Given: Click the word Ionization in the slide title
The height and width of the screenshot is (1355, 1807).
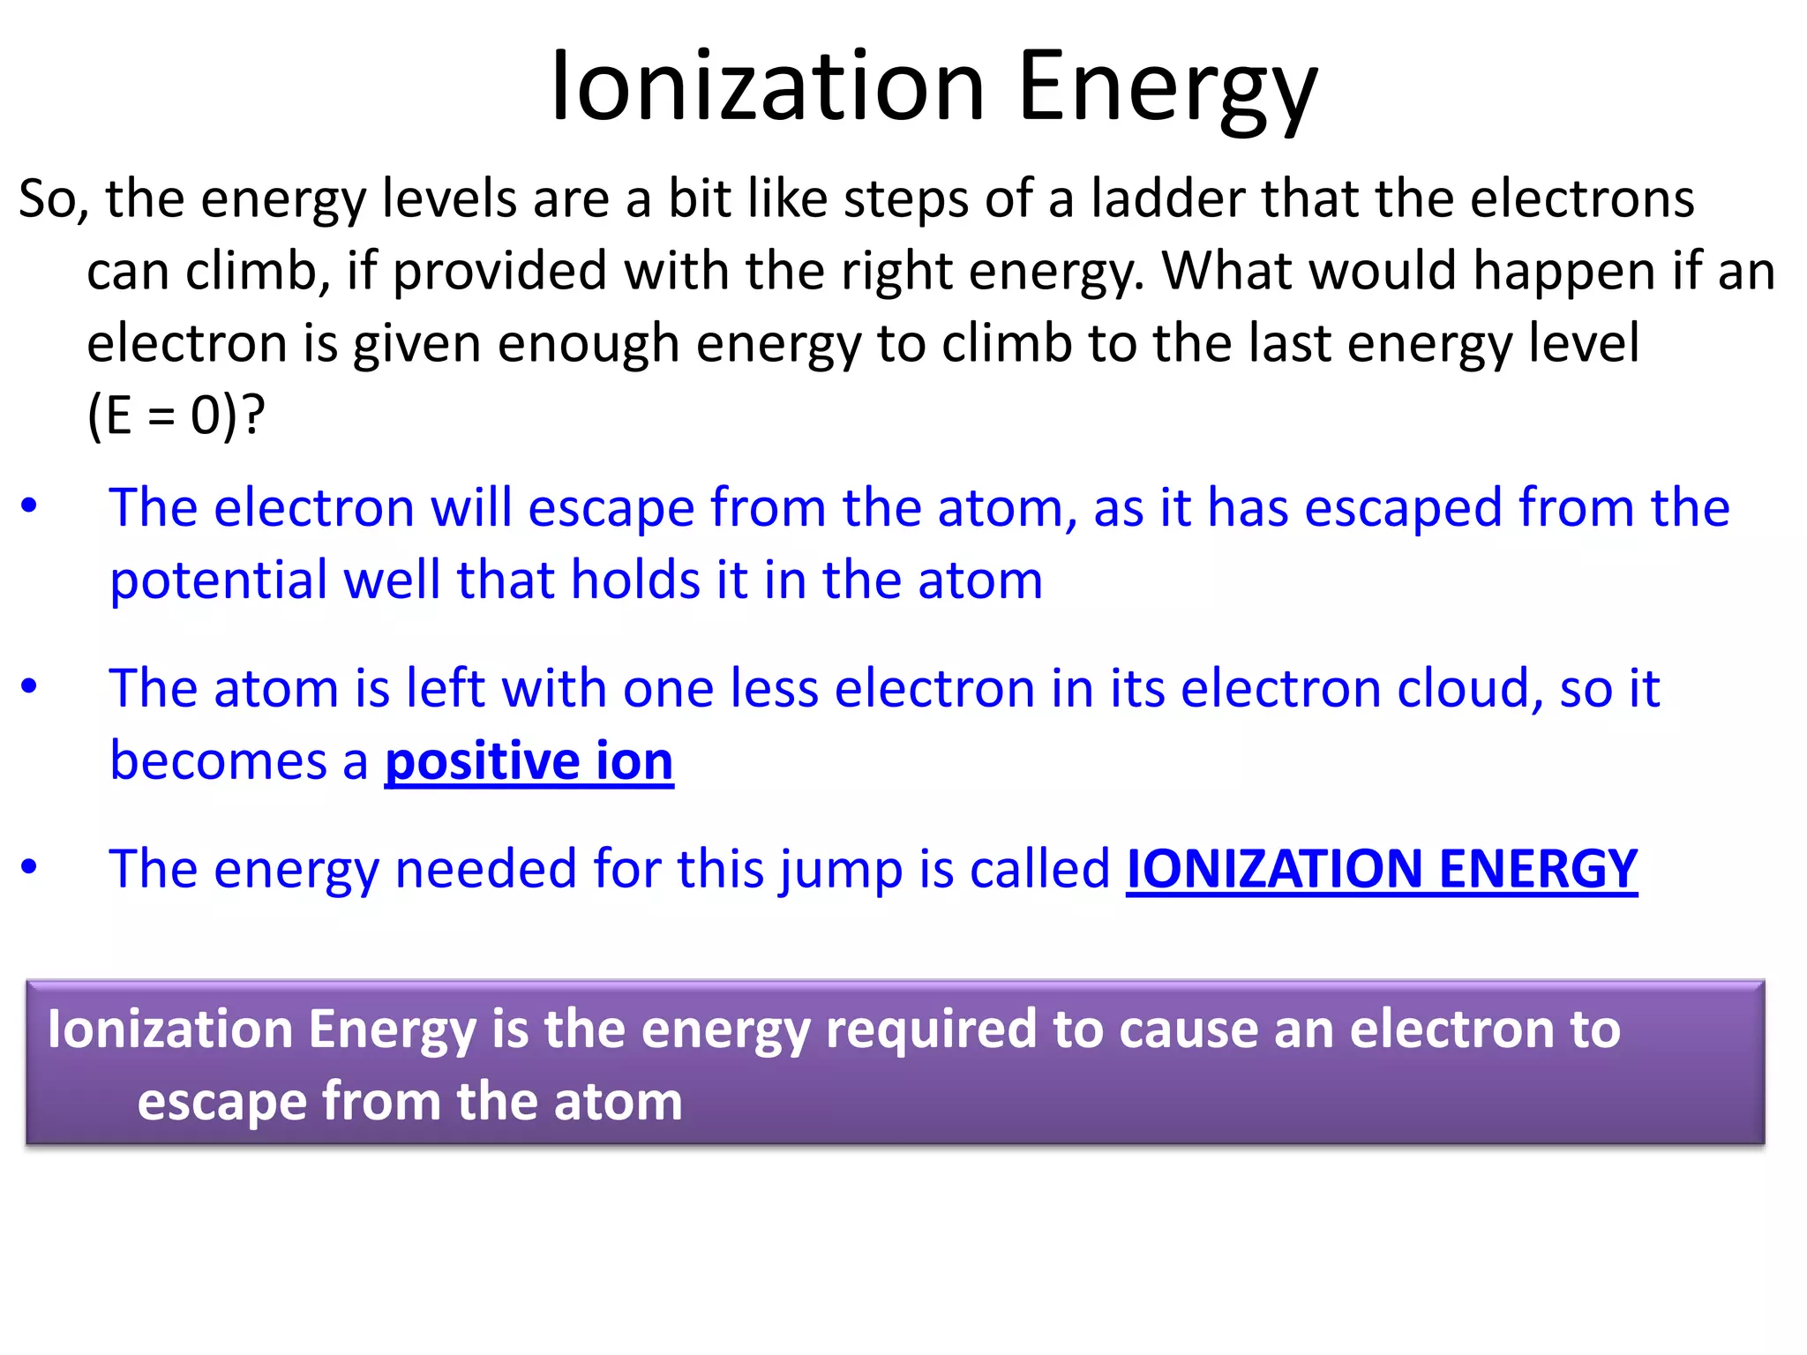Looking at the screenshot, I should pyautogui.click(x=766, y=86).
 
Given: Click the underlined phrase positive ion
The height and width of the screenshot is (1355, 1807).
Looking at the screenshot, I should pyautogui.click(x=529, y=760).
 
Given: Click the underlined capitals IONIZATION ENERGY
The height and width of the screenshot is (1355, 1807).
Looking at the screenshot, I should pyautogui.click(x=1381, y=869).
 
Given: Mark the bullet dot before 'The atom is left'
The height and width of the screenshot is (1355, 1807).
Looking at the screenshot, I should pyautogui.click(x=29, y=686).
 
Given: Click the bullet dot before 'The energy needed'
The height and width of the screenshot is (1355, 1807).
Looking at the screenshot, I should pyautogui.click(x=29, y=867).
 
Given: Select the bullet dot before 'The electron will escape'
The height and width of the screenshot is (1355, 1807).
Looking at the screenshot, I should pyautogui.click(x=29, y=506).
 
